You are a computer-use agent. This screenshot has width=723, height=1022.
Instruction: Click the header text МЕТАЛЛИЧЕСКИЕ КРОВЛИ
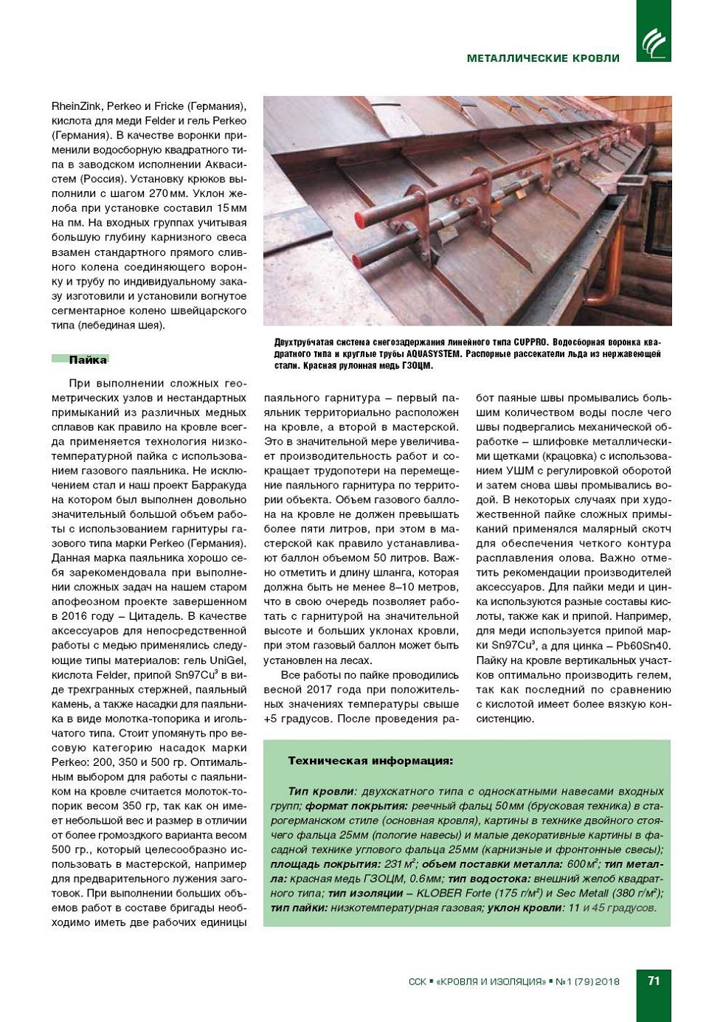pyautogui.click(x=543, y=58)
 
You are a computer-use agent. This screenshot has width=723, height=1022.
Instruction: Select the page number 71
pyautogui.click(x=654, y=981)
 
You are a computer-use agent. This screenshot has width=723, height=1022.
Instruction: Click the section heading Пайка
pyautogui.click(x=88, y=360)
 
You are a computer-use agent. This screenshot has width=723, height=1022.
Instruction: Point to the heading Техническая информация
pyautogui.click(x=370, y=761)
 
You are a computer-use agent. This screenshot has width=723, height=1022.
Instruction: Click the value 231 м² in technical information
pyautogui.click(x=398, y=864)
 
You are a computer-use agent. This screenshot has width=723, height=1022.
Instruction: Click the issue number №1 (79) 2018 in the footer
pyautogui.click(x=587, y=981)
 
